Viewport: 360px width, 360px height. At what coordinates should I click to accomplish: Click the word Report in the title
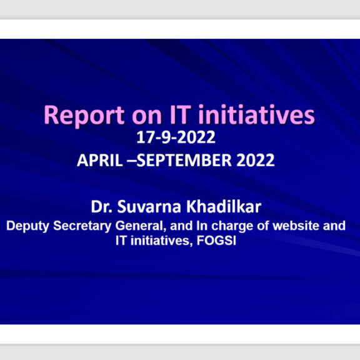[x=84, y=116]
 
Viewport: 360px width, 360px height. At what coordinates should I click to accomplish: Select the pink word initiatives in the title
[x=256, y=114]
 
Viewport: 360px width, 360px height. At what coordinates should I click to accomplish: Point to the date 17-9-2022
[x=176, y=137]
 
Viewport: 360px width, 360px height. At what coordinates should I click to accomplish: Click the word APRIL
[x=100, y=160]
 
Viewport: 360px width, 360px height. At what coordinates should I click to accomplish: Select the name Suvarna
[x=149, y=207]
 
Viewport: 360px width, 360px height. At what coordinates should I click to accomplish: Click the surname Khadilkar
[x=224, y=207]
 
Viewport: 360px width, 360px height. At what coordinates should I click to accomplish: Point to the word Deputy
[x=27, y=226]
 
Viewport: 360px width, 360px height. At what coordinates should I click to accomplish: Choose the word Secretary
[x=82, y=226]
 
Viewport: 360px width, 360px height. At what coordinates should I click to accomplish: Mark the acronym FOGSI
[x=216, y=241]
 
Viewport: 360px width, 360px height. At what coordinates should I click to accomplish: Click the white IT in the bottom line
[x=121, y=241]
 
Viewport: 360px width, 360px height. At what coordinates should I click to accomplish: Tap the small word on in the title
[x=147, y=117]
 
